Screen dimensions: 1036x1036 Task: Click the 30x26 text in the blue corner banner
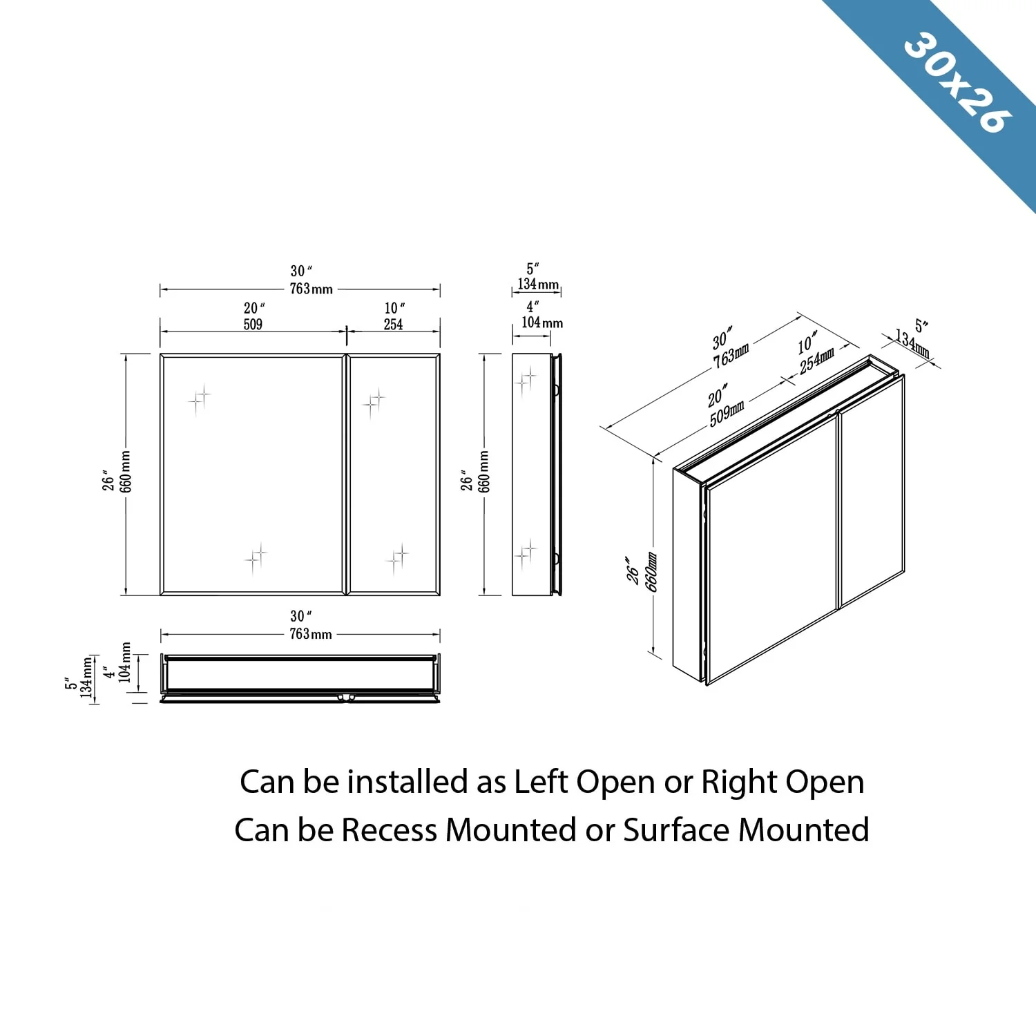coord(957,82)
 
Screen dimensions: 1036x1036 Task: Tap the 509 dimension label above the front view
coord(253,324)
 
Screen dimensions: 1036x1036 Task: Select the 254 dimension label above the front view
coord(393,324)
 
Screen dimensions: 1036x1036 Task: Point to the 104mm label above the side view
coord(542,323)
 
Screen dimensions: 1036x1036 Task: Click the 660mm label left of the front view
coord(126,472)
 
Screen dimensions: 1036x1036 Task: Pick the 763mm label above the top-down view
coord(311,634)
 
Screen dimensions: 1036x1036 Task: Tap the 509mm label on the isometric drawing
coord(727,412)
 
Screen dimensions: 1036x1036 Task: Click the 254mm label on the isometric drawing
coord(817,360)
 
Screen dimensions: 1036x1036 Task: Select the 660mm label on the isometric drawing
coord(651,571)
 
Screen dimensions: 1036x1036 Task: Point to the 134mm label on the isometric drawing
coord(912,343)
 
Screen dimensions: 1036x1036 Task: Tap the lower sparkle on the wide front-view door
coord(256,556)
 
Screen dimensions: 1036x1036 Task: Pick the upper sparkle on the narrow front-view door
coord(374,402)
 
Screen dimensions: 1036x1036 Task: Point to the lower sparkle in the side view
coord(526,552)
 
